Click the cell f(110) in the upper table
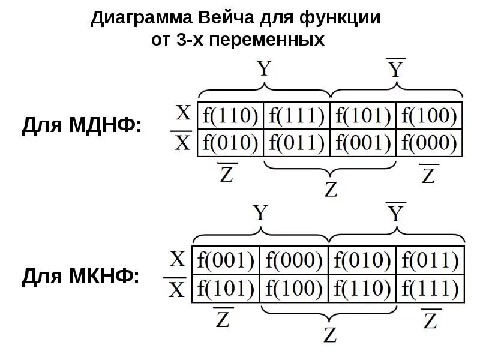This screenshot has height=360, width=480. [x=231, y=115]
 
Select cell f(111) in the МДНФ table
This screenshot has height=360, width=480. [x=297, y=115]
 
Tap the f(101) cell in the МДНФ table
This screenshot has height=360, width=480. [x=363, y=115]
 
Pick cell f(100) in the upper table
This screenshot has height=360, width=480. [x=429, y=115]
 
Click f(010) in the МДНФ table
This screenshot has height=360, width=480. [x=231, y=143]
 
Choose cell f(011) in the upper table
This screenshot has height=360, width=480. [x=297, y=143]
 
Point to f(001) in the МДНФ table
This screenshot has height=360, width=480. [x=363, y=143]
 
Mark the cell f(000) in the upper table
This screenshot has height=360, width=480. [x=429, y=143]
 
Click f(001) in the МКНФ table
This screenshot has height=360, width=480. [x=226, y=260]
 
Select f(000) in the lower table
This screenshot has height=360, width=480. [x=295, y=260]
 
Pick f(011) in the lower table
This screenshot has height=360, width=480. [x=430, y=260]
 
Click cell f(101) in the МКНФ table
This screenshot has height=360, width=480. [x=226, y=289]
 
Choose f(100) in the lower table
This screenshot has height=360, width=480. [x=295, y=289]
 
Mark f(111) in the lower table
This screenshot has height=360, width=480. [x=430, y=289]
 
